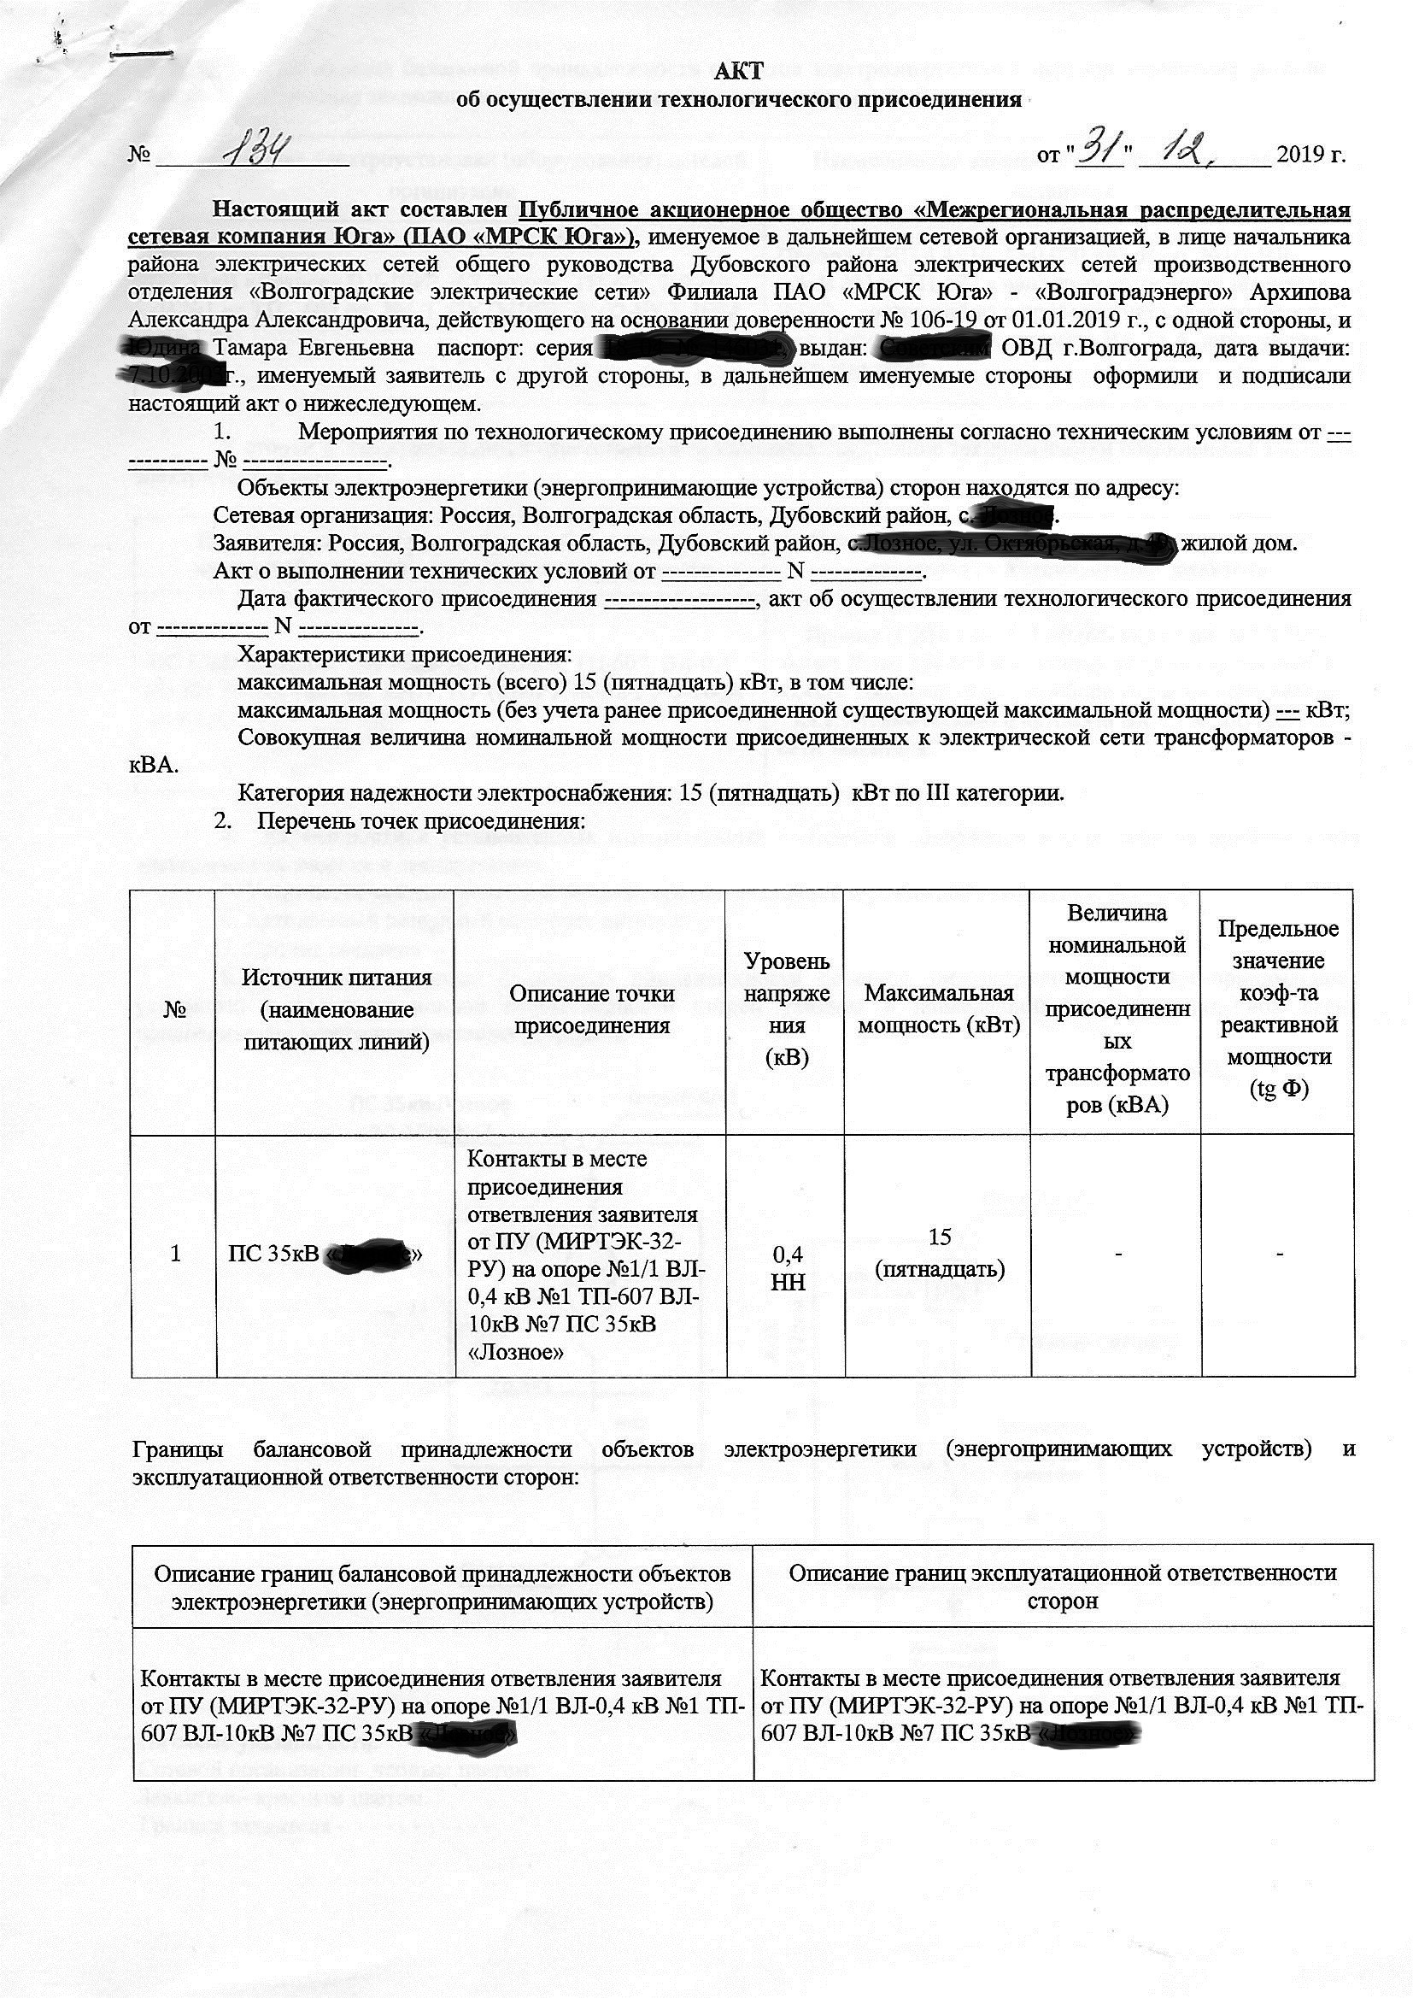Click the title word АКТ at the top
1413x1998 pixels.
[x=738, y=72]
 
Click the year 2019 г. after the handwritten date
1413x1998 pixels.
[x=1310, y=155]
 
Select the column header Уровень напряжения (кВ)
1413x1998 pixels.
[x=786, y=1009]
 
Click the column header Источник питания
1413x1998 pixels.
[x=336, y=1009]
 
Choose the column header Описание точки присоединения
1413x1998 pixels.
[x=591, y=1009]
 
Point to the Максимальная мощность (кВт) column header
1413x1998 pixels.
[x=938, y=1009]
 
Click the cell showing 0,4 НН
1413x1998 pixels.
[x=788, y=1268]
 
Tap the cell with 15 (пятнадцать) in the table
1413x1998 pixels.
[x=939, y=1253]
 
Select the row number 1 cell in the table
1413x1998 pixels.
[x=175, y=1253]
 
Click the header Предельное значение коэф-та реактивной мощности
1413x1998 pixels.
[x=1277, y=1009]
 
